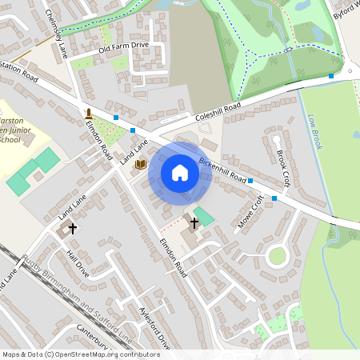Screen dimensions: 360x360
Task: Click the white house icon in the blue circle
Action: pos(180,172)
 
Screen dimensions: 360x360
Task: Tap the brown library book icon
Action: pos(142,164)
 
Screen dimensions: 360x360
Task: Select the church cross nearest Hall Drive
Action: pos(72,229)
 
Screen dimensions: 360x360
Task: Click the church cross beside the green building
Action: pos(194,222)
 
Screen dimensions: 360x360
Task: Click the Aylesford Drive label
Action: pos(154,327)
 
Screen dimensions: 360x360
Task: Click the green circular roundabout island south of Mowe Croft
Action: pos(277,256)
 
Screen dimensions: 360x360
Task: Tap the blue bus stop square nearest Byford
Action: pos(330,76)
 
